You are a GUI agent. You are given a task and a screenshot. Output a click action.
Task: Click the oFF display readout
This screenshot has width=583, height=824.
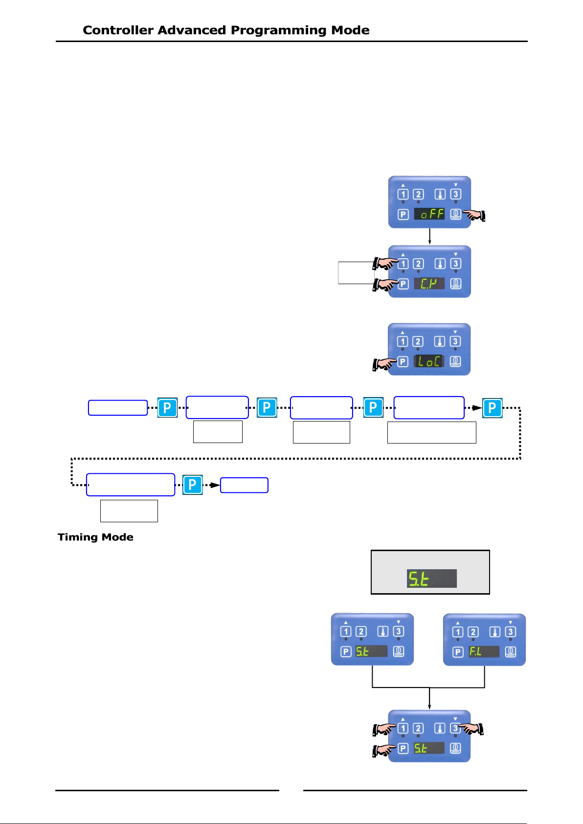click(x=429, y=214)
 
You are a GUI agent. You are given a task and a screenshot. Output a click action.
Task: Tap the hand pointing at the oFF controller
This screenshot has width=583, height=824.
click(x=474, y=215)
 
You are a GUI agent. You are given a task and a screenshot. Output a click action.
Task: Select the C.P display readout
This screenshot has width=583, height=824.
click(x=429, y=283)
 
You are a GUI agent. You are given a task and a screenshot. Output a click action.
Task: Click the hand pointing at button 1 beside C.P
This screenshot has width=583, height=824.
click(x=385, y=264)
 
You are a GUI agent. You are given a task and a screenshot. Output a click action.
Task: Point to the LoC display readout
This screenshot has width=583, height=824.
click(x=429, y=361)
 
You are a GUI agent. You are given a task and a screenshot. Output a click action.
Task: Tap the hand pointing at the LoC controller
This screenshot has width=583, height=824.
click(x=385, y=364)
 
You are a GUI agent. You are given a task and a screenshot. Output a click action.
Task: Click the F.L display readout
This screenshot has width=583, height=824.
click(x=484, y=652)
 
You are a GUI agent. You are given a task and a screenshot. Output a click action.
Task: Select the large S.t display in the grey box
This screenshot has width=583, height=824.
click(x=431, y=579)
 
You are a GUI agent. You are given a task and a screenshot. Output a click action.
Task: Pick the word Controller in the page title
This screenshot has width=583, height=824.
click(x=118, y=30)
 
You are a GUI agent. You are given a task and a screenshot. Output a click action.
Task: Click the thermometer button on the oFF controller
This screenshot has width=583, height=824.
click(x=440, y=194)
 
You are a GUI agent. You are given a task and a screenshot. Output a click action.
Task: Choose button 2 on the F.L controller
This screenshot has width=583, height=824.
click(x=473, y=632)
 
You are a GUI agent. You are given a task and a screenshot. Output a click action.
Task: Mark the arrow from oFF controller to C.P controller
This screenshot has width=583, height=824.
click(x=429, y=236)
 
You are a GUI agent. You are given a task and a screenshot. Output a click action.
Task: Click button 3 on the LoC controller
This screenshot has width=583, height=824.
click(x=455, y=341)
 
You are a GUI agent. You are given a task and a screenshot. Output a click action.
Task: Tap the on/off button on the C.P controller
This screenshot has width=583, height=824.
click(x=456, y=284)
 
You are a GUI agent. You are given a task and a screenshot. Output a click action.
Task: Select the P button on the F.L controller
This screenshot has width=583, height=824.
click(x=458, y=652)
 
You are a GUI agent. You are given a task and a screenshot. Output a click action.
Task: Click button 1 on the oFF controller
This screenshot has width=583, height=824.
click(x=403, y=194)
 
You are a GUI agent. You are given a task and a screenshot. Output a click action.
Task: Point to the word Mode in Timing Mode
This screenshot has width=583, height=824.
click(x=118, y=537)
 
